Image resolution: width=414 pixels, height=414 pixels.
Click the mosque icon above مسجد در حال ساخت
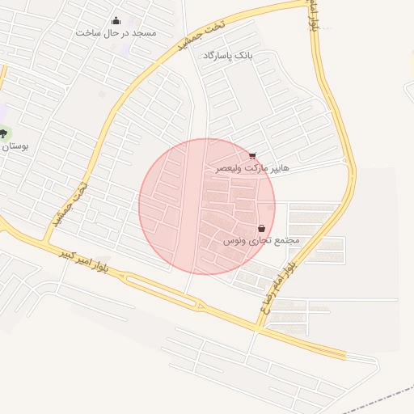116,21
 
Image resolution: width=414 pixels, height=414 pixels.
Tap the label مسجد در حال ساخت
116,33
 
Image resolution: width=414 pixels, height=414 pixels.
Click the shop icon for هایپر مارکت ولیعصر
254,155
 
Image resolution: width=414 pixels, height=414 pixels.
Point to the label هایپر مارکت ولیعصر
252,169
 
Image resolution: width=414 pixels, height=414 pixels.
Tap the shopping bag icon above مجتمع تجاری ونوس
262,229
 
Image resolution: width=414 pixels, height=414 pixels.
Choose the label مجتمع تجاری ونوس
260,241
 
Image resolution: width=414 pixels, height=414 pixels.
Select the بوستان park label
15,147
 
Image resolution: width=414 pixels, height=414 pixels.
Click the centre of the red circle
207,206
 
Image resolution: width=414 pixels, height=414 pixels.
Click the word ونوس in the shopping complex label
234,241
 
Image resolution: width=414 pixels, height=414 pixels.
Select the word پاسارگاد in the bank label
219,55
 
